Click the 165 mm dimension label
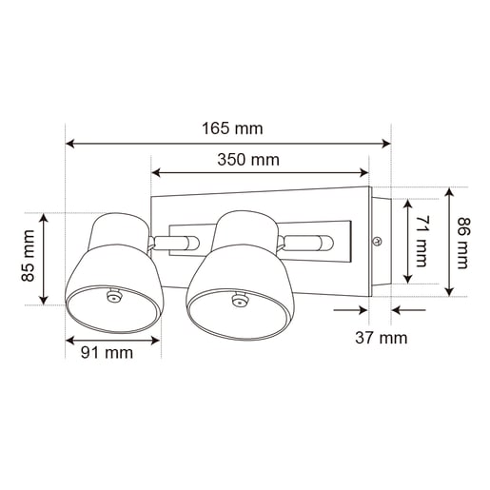pos(232,128)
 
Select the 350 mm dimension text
pos(248,160)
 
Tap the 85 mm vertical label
pos(28,256)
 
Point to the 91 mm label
pos(107,353)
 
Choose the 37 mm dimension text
pos(382,338)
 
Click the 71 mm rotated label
pos(421,241)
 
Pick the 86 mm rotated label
pos(463,243)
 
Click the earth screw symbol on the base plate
pos(377,242)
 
